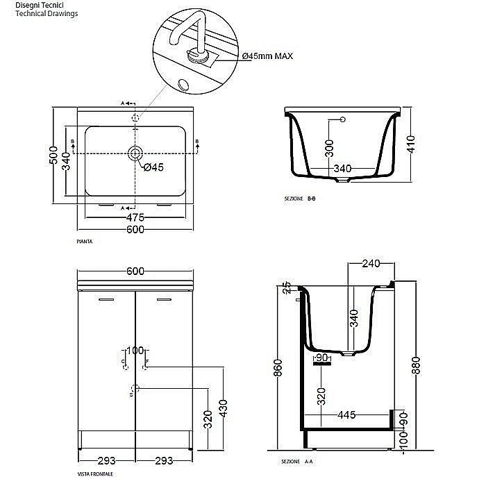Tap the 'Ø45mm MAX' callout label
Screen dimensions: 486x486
coord(267,56)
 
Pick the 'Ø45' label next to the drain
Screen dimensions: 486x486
coord(153,167)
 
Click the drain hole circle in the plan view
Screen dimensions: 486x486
coord(135,153)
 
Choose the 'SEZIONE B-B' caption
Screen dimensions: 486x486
coord(300,199)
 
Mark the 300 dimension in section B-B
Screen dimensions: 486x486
coord(329,147)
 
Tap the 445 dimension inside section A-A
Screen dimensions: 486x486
coord(346,415)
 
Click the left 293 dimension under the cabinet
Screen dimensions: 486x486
coord(106,460)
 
